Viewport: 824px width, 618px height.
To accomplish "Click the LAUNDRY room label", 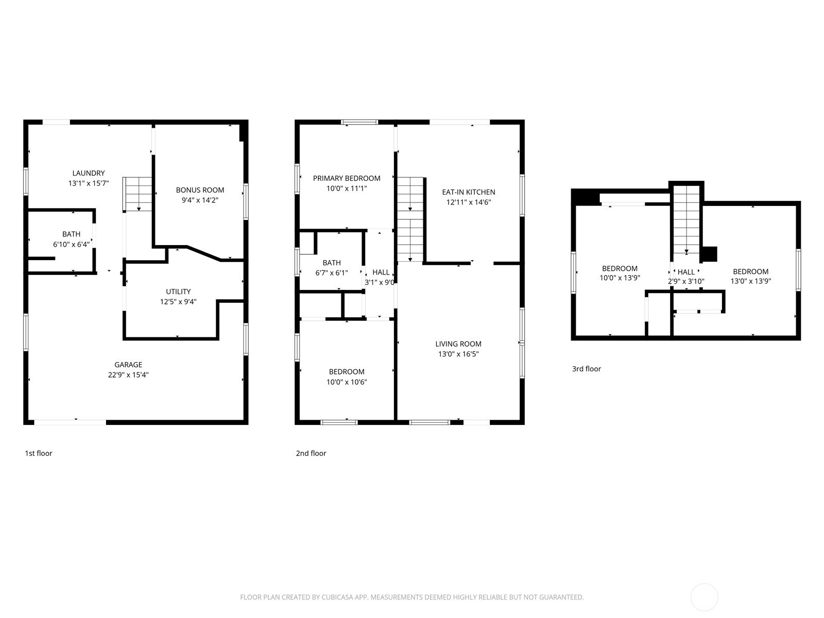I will click(89, 173).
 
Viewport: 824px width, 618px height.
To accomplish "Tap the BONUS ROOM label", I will click(200, 190).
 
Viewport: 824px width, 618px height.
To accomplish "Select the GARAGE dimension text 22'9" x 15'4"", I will click(128, 375).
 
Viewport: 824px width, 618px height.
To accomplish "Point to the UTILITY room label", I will click(178, 291).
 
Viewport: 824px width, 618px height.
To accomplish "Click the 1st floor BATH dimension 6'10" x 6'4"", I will click(71, 244).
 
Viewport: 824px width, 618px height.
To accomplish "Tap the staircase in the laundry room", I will click(138, 194).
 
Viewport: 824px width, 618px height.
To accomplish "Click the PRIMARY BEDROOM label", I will click(347, 178).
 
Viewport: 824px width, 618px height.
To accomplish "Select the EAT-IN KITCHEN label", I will click(468, 192).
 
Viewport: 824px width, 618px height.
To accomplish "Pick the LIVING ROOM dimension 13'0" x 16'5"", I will click(458, 354).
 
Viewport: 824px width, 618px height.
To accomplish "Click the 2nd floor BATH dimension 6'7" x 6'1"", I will click(332, 273).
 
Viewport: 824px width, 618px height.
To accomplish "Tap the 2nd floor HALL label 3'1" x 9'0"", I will click(380, 277).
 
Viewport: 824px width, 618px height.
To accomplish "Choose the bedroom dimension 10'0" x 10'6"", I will click(347, 382).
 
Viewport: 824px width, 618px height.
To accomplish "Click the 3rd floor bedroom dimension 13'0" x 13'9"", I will click(750, 281).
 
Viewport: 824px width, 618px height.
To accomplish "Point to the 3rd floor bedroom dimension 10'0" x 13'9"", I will click(620, 278).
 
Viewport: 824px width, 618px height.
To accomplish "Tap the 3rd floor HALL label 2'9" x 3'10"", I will click(686, 277).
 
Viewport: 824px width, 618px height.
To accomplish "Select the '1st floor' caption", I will click(39, 453).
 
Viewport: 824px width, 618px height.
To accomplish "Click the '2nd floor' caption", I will click(311, 453).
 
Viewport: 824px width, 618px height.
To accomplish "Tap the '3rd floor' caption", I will click(587, 369).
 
